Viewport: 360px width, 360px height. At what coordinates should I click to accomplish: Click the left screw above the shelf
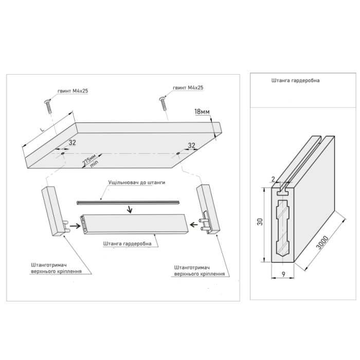coord(48,106)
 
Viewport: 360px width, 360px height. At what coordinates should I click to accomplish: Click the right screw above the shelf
coord(163,104)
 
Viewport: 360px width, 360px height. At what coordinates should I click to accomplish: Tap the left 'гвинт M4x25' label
coord(73,91)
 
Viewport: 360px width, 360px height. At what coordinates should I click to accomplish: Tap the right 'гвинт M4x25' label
coord(188,88)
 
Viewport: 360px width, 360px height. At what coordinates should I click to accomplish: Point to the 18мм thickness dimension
coord(202,112)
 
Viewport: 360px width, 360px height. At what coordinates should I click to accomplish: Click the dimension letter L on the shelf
coord(42,130)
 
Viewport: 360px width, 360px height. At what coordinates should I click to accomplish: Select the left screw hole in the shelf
coord(63,153)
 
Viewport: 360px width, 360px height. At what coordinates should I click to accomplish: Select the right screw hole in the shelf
coord(178,153)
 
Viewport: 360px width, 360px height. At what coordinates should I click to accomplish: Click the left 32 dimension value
coord(73,142)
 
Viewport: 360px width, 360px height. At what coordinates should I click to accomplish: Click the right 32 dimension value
coord(191,146)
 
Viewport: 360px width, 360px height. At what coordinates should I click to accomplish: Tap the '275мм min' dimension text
coord(91,160)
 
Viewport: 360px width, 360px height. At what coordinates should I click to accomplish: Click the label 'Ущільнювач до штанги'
coord(137,183)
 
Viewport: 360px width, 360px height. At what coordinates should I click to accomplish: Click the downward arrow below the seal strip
coord(130,209)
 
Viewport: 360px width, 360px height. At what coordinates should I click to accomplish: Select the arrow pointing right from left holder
coord(75,226)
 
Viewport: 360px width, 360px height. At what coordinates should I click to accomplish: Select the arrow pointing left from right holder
coord(194,224)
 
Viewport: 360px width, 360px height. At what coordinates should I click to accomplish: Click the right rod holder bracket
coord(208,209)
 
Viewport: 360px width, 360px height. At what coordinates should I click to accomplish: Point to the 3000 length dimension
coord(322,243)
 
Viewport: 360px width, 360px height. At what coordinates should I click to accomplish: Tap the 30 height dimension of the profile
coord(260,222)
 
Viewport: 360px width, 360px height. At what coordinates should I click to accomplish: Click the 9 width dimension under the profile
coord(283,274)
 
